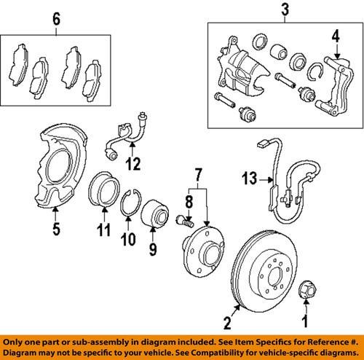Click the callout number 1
[x=305, y=321]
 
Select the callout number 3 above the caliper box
[x=285, y=11]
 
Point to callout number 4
[x=336, y=35]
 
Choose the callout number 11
[x=103, y=232]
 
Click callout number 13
[x=250, y=176]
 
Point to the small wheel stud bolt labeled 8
[x=183, y=218]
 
